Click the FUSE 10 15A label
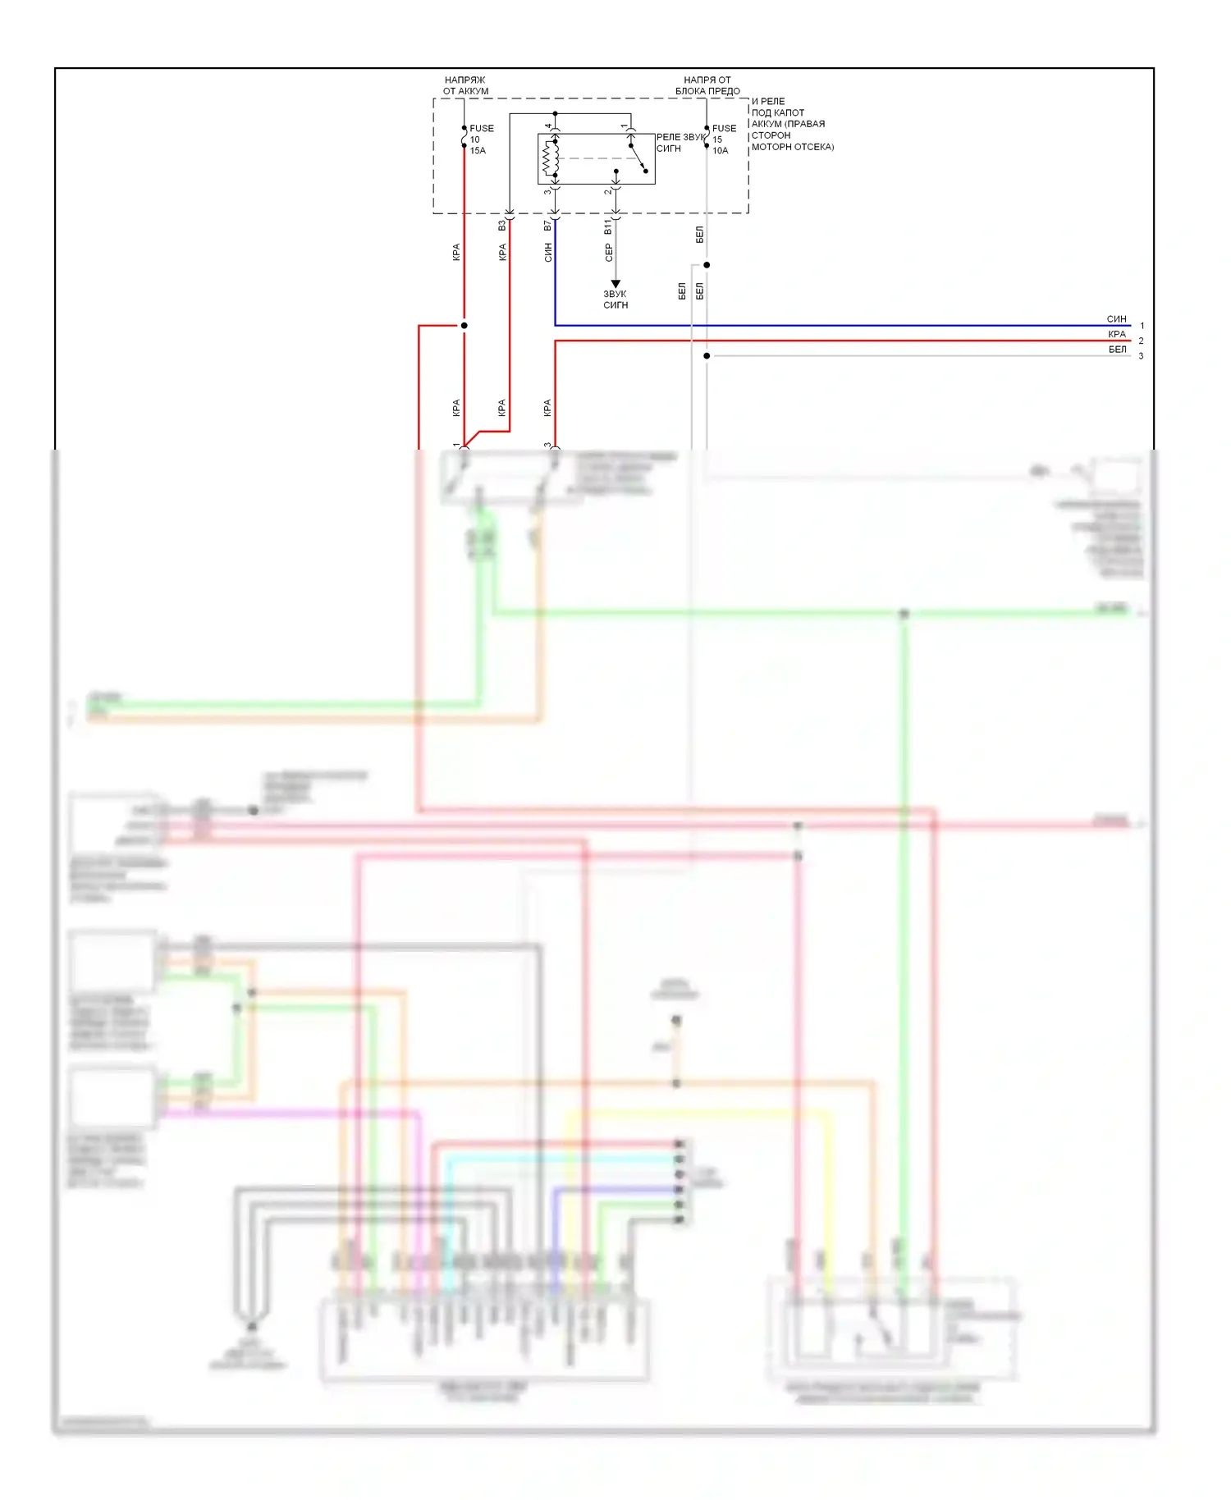point(480,139)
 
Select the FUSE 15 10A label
point(723,139)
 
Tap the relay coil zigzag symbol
point(550,158)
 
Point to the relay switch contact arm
point(638,159)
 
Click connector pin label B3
point(502,225)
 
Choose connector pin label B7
point(547,225)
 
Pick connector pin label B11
point(608,226)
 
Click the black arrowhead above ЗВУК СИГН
point(615,284)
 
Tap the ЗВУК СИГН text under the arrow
point(615,300)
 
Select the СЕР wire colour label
point(608,254)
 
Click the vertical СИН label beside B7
point(547,253)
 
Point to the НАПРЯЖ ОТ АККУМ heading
point(465,85)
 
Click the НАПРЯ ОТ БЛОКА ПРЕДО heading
point(707,85)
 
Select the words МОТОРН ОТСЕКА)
point(793,147)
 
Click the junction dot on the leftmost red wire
point(464,326)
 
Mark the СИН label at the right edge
point(1116,319)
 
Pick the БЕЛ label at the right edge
point(1117,350)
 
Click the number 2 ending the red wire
point(1141,341)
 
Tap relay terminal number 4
point(548,126)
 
